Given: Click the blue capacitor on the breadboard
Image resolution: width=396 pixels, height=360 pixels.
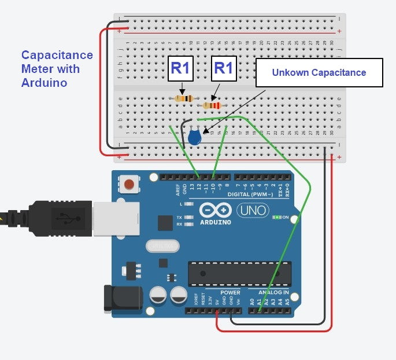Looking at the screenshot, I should (x=195, y=137).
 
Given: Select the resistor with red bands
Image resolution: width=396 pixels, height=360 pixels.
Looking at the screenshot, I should (x=212, y=105).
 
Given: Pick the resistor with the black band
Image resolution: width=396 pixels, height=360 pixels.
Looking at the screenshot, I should (x=184, y=98).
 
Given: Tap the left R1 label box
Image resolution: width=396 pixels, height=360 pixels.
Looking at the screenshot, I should (x=180, y=69).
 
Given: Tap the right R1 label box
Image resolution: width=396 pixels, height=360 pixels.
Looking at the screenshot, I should (x=224, y=69).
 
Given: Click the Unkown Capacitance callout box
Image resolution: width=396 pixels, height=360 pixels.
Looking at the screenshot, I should (x=319, y=73).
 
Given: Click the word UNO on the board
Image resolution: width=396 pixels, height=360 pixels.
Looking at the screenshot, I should (x=252, y=211).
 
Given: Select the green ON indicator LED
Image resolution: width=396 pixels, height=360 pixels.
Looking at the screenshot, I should (x=279, y=218).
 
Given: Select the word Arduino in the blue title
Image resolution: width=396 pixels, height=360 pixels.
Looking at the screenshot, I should (x=43, y=83).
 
